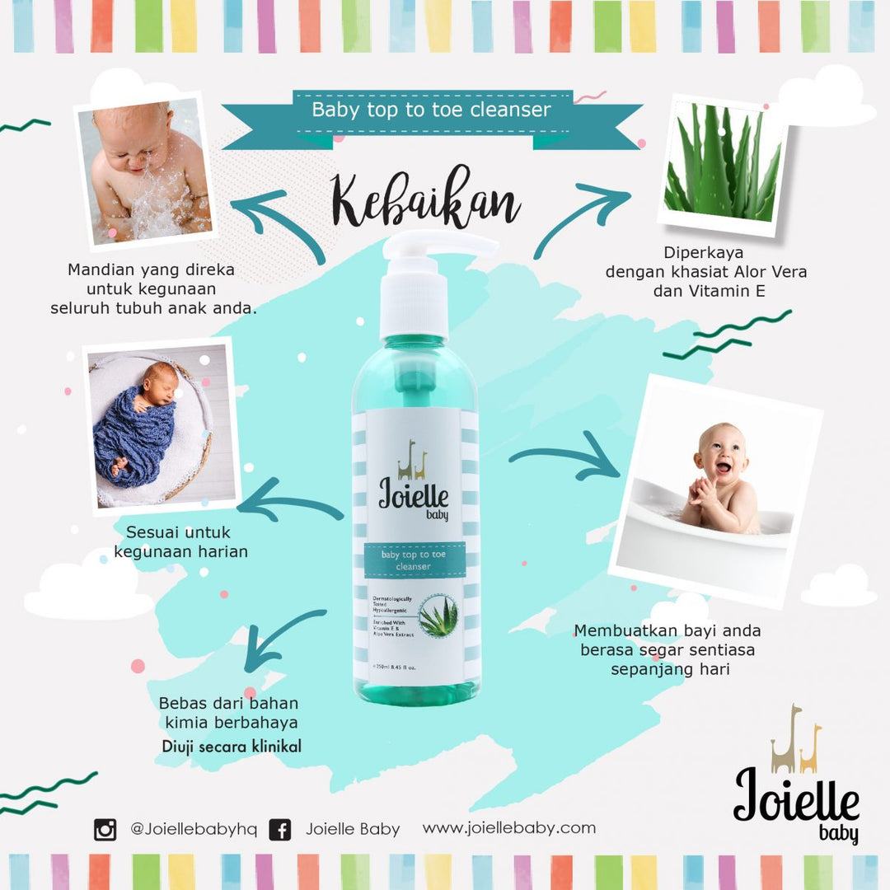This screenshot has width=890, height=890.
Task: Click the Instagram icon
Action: [x=105, y=829]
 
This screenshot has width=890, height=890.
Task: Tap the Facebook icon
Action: [x=280, y=829]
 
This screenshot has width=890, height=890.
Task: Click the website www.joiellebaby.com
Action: [x=508, y=827]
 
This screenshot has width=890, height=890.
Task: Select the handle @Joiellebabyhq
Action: [x=193, y=829]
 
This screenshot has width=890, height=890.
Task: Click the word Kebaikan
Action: [x=426, y=200]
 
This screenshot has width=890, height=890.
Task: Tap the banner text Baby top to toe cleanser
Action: [x=431, y=110]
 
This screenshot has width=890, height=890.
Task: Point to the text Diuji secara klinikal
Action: [x=231, y=747]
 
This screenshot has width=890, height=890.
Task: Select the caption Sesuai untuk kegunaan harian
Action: [x=180, y=541]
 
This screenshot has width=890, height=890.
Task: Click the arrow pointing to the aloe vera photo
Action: [x=581, y=216]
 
